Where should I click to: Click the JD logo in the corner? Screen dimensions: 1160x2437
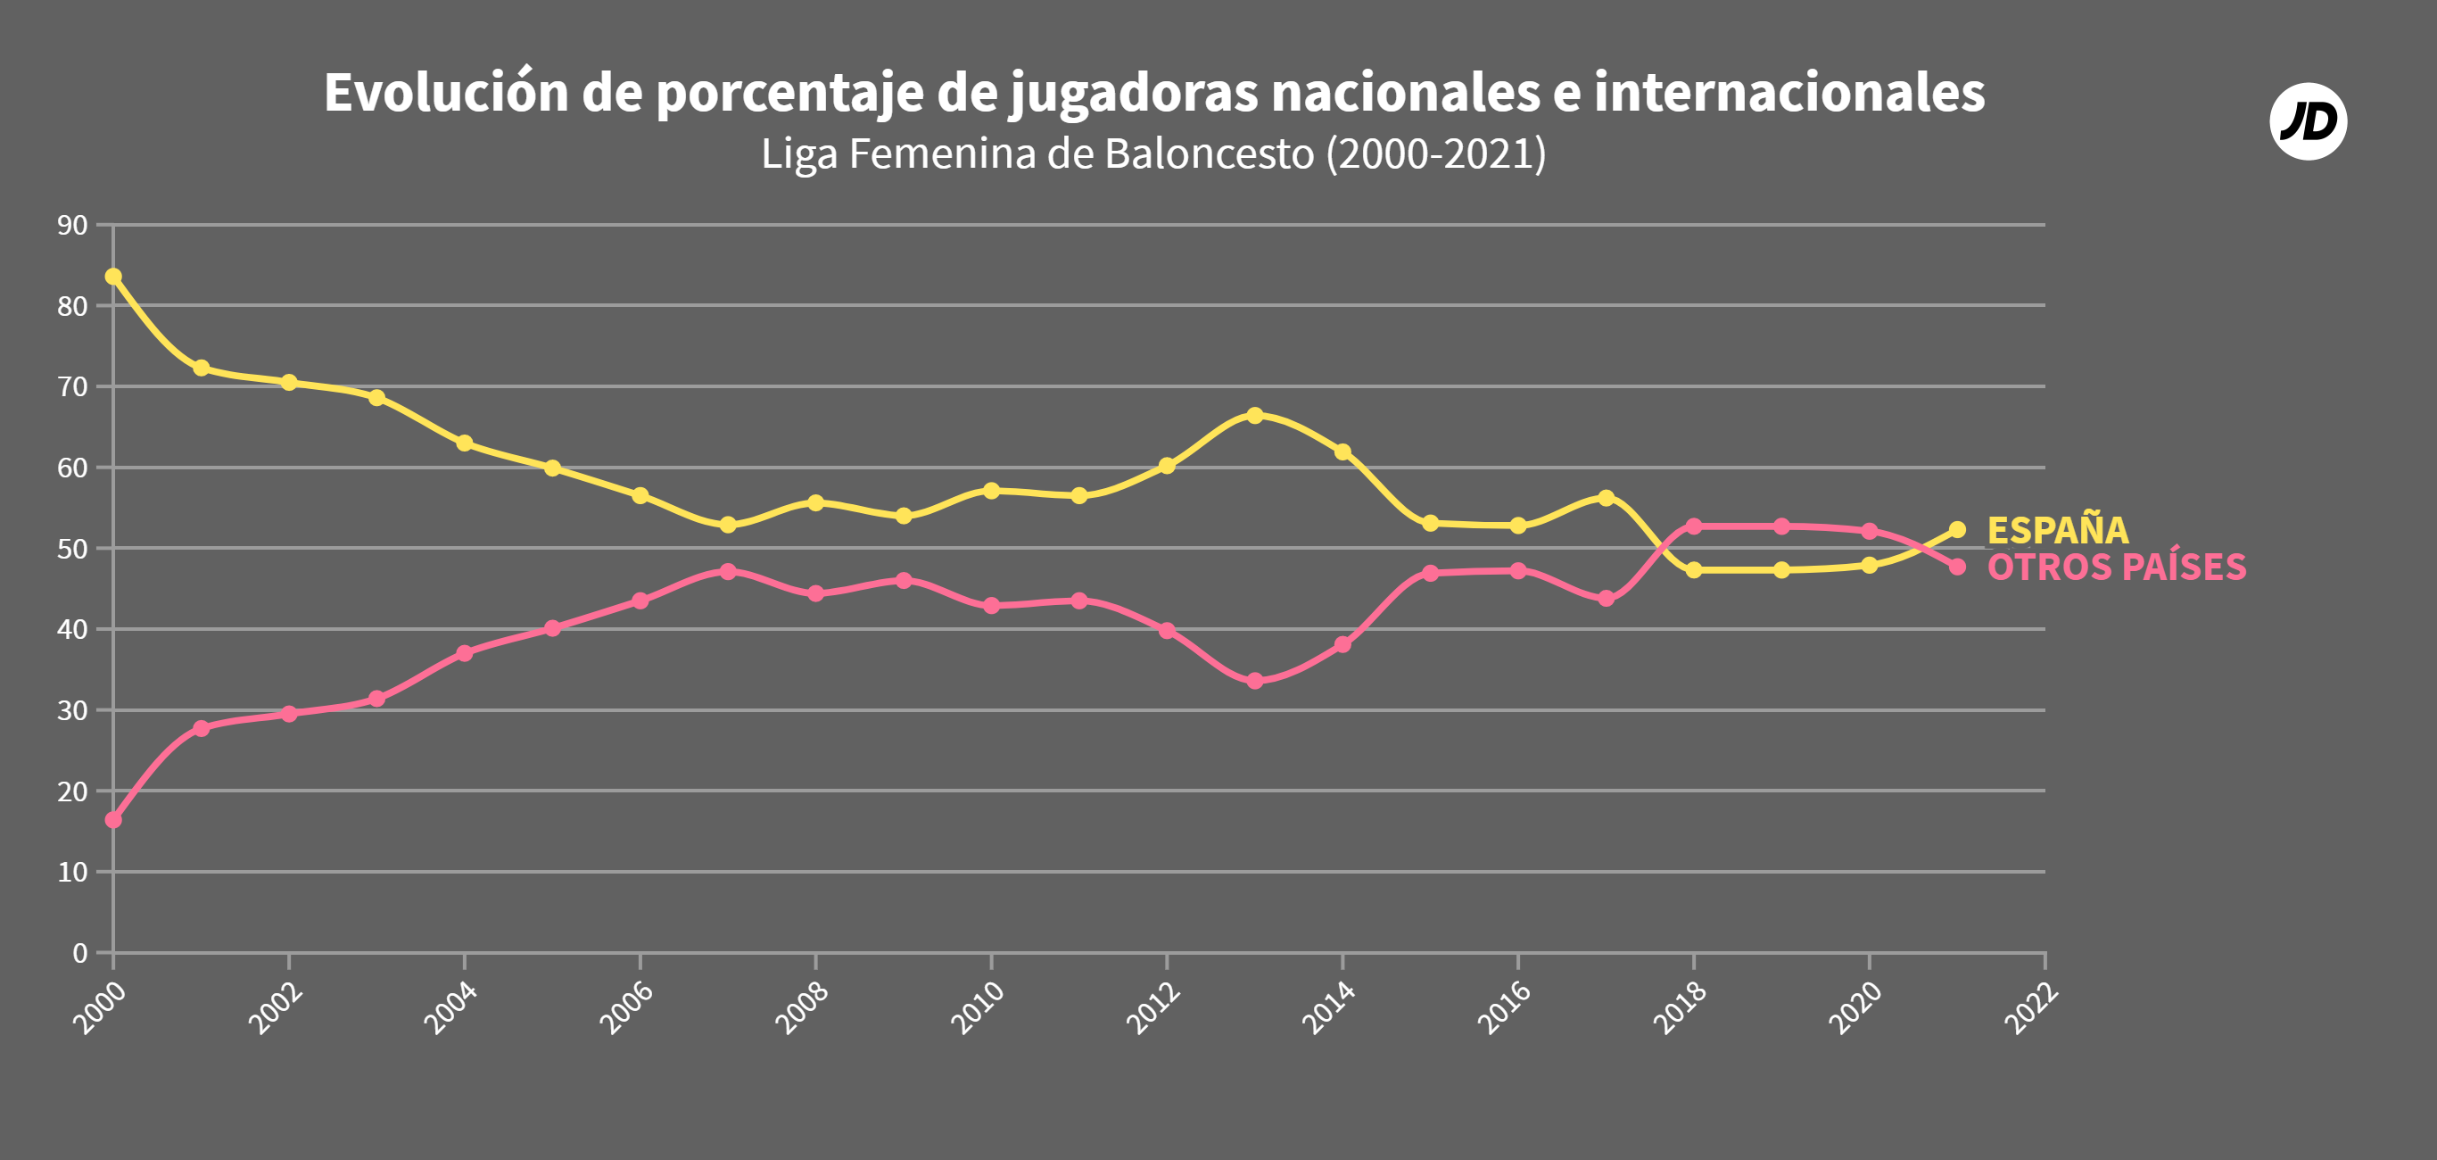click(x=2308, y=121)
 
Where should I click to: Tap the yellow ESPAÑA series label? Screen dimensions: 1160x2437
click(x=2057, y=530)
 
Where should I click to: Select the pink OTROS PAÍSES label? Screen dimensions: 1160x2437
click(x=2115, y=568)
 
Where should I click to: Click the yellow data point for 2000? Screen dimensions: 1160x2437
click(x=113, y=277)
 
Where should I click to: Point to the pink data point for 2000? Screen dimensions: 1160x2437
click(x=113, y=820)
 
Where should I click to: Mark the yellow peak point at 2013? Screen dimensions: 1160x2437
click(x=1254, y=415)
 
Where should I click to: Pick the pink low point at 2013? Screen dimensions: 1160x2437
click(x=1254, y=681)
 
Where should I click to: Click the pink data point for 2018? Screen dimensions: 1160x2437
click(x=1693, y=526)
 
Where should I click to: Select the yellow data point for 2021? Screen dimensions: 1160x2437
click(x=1957, y=530)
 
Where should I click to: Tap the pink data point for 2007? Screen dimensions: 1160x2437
click(x=728, y=571)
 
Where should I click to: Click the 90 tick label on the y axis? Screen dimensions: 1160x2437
click(x=72, y=225)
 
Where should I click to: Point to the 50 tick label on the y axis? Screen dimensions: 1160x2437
click(x=72, y=549)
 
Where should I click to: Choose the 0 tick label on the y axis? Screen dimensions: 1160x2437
click(x=79, y=953)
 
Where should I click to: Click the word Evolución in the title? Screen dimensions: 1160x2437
click(x=446, y=93)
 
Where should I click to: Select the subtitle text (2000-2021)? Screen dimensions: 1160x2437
click(x=1435, y=154)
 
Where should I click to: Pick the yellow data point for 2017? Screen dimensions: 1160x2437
click(x=1606, y=498)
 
